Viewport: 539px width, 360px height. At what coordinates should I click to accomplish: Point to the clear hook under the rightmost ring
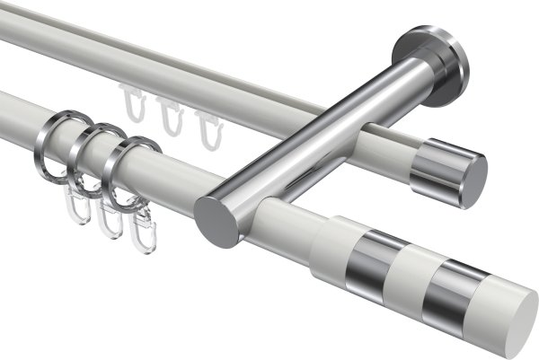tap(139, 235)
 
